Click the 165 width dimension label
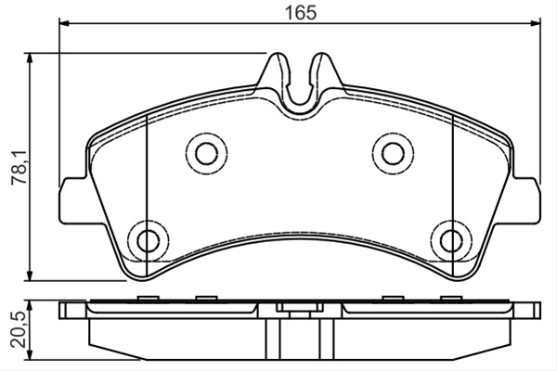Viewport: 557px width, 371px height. pyautogui.click(x=301, y=13)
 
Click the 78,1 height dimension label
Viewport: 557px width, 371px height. pyautogui.click(x=19, y=167)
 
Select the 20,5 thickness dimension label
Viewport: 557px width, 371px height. pyautogui.click(x=19, y=330)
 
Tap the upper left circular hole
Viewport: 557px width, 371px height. pyautogui.click(x=206, y=153)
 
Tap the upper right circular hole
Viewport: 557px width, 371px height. pyautogui.click(x=394, y=153)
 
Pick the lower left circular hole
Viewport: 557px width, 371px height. pyautogui.click(x=149, y=240)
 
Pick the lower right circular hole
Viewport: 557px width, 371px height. pyautogui.click(x=452, y=240)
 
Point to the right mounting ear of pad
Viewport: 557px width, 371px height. pyautogui.click(x=526, y=201)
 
